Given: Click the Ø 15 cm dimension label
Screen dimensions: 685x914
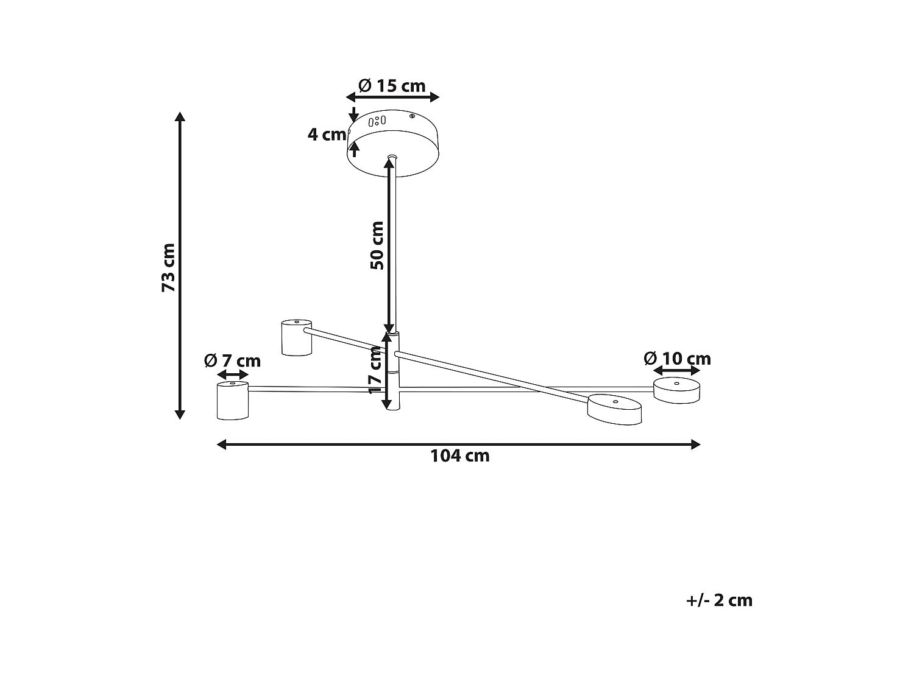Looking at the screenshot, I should [x=392, y=86].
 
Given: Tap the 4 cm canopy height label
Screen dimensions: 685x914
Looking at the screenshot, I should [x=326, y=135].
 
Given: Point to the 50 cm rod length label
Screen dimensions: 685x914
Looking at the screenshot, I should [x=377, y=245].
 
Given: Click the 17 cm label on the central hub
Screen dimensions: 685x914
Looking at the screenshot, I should [x=375, y=370].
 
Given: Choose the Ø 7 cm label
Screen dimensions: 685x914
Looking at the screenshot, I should [x=232, y=361].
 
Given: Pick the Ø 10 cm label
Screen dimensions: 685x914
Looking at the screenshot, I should [x=678, y=359].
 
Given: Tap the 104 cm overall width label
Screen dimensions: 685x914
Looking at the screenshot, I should [x=460, y=455].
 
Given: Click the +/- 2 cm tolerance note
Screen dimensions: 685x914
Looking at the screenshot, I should [x=719, y=600].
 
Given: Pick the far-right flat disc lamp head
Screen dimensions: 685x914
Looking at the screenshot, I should [x=676, y=390].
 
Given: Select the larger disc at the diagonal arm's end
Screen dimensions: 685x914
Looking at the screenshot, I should [x=614, y=409].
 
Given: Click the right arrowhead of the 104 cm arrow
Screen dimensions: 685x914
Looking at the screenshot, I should [x=696, y=444].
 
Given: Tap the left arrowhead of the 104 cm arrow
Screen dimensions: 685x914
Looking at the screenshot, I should [x=222, y=444].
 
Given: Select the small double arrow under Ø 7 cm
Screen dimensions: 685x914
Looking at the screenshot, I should [x=232, y=374].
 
